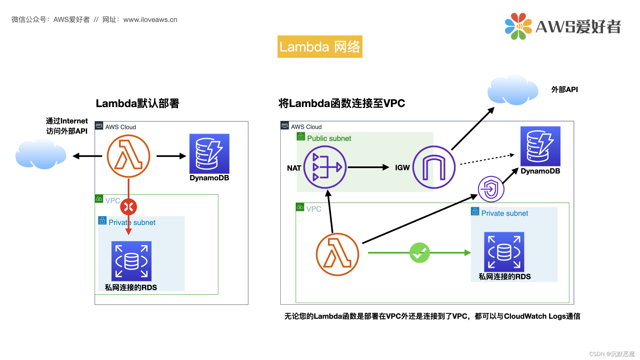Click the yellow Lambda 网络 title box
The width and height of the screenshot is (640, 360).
pyautogui.click(x=320, y=47)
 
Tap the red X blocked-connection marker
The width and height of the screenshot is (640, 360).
pyautogui.click(x=128, y=207)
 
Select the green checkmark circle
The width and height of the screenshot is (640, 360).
pyautogui.click(x=419, y=253)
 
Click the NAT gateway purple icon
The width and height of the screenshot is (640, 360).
pyautogui.click(x=325, y=167)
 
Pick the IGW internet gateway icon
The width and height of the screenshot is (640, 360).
pyautogui.click(x=434, y=167)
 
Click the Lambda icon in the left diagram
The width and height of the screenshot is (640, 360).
pyautogui.click(x=128, y=156)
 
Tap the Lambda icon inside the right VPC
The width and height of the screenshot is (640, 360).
pyautogui.click(x=337, y=254)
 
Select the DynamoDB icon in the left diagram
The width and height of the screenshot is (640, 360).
pyautogui.click(x=209, y=153)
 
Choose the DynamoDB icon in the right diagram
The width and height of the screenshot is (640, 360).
pyautogui.click(x=540, y=146)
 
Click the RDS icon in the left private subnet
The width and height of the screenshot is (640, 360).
pyautogui.click(x=131, y=261)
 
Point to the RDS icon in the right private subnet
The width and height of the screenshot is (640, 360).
pyautogui.click(x=504, y=252)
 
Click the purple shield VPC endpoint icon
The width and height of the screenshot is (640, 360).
pyautogui.click(x=491, y=189)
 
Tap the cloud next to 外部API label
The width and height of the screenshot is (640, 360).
pyautogui.click(x=512, y=90)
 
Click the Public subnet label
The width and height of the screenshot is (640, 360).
pyautogui.click(x=329, y=138)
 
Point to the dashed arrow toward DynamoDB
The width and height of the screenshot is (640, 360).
pyautogui.click(x=487, y=159)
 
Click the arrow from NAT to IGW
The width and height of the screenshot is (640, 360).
pyautogui.click(x=368, y=167)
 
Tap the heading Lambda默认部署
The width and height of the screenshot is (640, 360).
pyautogui.click(x=137, y=103)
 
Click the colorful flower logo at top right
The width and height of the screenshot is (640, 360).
pyautogui.click(x=518, y=26)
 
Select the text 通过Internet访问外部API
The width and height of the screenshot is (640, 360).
pyautogui.click(x=67, y=126)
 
